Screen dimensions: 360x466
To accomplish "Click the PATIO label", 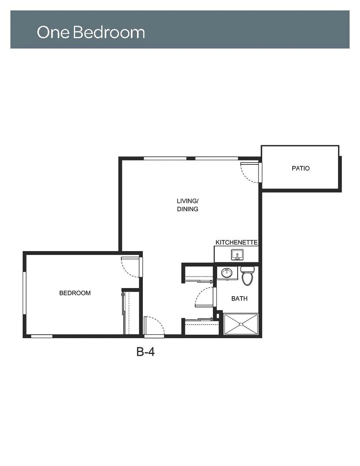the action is point(301,168).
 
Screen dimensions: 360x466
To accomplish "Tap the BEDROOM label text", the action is point(75,293).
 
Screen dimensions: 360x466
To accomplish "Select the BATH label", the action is point(239,298).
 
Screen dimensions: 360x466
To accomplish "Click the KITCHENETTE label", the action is point(236,243).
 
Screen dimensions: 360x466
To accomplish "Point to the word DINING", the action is point(188,209).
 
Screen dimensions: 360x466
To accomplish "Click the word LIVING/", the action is point(188,201).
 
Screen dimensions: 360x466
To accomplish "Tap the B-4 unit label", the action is point(146,352).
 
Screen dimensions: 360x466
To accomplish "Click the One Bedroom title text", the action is point(91,32).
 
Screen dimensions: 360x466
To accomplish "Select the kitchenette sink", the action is point(237,255).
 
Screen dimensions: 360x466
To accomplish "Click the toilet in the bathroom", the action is point(247,276).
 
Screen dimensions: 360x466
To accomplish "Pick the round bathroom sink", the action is point(227,273).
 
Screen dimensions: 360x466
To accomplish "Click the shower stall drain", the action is point(241,324).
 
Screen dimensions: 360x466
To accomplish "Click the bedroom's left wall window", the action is point(24,293).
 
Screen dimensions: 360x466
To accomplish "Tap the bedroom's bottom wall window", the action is point(42,336).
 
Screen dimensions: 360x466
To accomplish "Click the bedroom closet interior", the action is point(132,313).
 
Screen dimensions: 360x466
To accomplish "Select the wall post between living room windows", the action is point(191,159).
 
